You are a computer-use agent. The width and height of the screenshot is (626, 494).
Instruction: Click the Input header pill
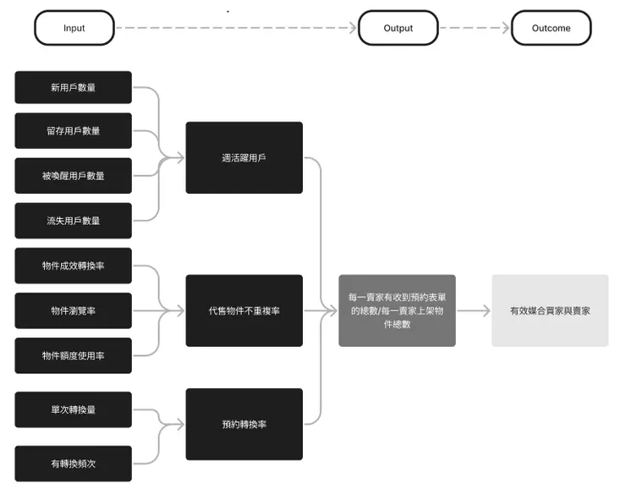coord(74,28)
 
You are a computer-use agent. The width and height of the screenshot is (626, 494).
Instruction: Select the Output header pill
coord(398,28)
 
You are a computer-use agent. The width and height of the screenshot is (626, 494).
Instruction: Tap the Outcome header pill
coord(551,28)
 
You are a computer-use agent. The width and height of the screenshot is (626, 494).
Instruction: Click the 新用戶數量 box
coord(74,86)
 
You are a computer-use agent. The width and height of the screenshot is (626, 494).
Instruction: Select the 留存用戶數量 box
coord(74,130)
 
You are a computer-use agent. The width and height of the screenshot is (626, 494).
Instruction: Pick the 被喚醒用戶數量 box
coord(74,176)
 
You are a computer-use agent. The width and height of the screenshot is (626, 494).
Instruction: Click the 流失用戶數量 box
coord(74,221)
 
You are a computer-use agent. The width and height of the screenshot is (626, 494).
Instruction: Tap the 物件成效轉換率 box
coord(74,266)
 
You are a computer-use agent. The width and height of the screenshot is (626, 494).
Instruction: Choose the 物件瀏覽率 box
coord(74,310)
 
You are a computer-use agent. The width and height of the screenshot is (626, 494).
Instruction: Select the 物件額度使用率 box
coord(74,355)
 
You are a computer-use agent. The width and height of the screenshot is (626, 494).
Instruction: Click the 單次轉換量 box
coord(74,409)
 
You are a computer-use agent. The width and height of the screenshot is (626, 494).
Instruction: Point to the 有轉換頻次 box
coord(74,464)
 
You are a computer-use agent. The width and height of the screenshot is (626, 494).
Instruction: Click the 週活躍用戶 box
coord(244,157)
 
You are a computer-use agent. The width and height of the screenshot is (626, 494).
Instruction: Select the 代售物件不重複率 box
coord(244,310)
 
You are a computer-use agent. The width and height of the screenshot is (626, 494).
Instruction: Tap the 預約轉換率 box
coord(244,424)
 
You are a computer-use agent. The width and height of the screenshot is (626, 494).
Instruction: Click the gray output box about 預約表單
coord(397,310)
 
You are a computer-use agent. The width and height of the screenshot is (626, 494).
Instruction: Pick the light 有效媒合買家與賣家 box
coord(550,310)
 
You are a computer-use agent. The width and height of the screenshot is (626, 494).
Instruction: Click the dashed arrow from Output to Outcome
coord(475,28)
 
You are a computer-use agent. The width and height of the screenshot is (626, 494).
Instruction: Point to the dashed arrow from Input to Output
coord(236,28)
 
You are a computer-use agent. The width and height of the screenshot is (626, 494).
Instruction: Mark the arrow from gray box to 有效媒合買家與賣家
coord(474,310)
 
